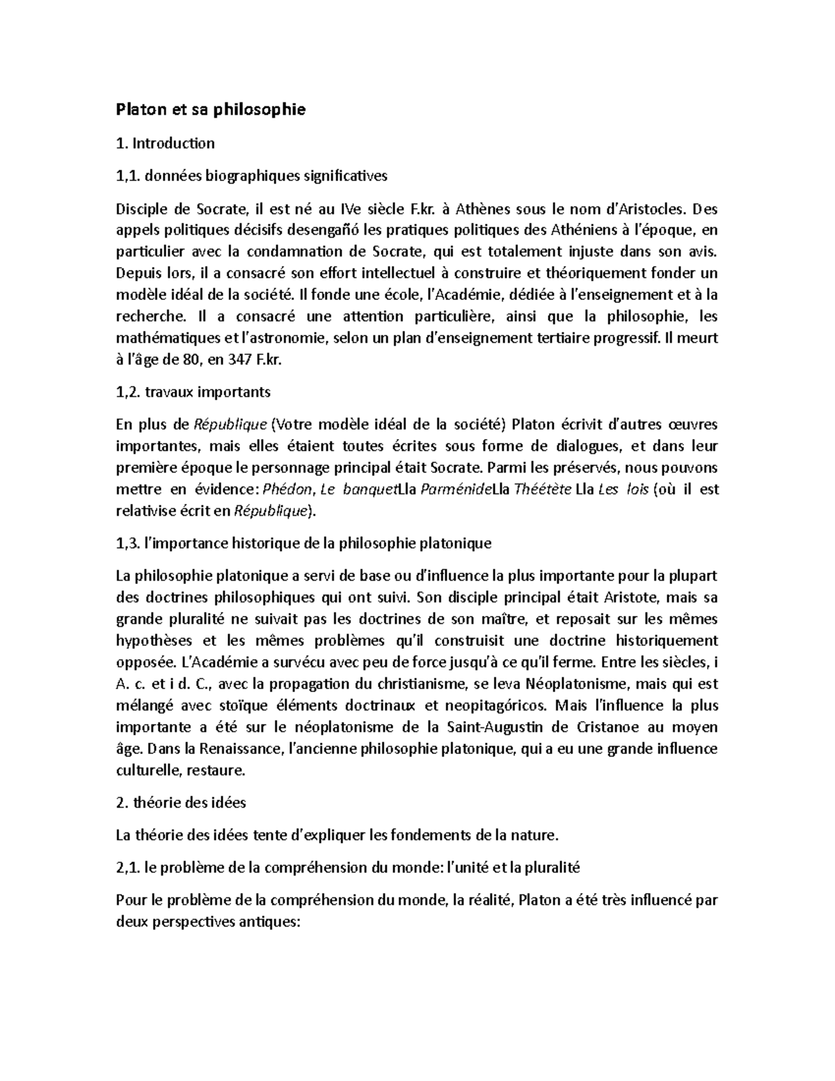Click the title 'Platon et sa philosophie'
(x=210, y=110)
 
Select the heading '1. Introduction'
(x=165, y=144)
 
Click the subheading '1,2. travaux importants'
(x=193, y=392)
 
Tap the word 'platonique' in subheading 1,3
(x=457, y=544)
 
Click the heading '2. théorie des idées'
(x=181, y=803)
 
